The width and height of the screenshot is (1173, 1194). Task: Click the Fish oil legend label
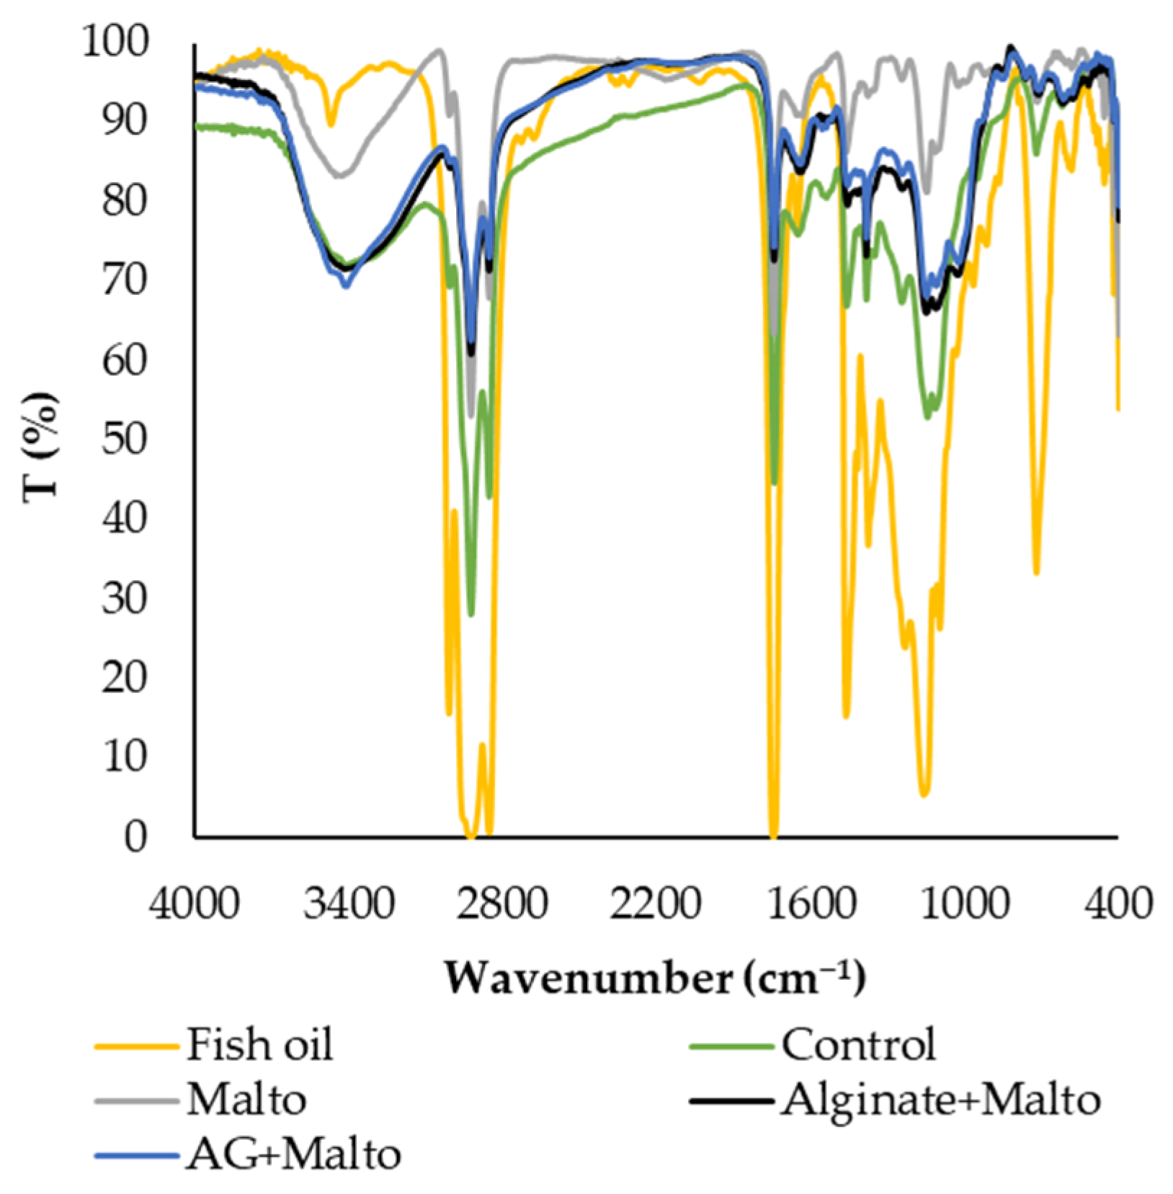click(x=260, y=1044)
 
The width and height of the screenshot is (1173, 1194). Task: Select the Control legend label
click(x=858, y=1044)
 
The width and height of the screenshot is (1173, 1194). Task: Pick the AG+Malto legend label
click(x=293, y=1154)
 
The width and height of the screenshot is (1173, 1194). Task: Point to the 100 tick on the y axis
click(x=115, y=41)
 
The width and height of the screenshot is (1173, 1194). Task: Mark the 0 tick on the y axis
click(x=135, y=837)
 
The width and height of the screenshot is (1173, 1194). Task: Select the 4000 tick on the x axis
click(x=194, y=903)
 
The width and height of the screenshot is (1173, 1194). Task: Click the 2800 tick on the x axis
click(x=502, y=903)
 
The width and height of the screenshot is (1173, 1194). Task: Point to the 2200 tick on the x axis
click(x=656, y=903)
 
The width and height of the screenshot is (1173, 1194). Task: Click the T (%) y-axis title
click(x=41, y=447)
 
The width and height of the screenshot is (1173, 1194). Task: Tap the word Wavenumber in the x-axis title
click(x=587, y=979)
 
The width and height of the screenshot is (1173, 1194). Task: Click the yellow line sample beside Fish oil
click(x=136, y=1045)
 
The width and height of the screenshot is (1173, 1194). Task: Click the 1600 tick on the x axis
click(x=810, y=903)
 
